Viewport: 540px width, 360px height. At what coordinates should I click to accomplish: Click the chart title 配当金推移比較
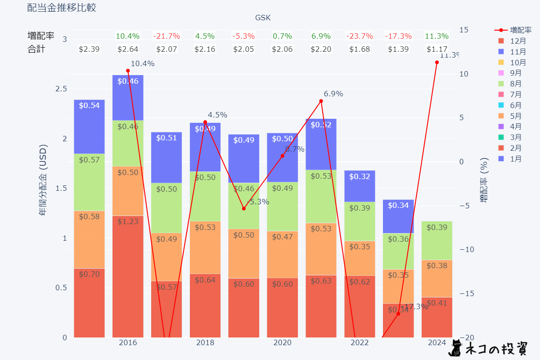(x=62, y=8)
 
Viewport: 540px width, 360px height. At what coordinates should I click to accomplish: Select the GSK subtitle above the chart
(x=263, y=18)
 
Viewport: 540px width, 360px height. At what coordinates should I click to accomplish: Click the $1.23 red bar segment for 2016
(x=128, y=276)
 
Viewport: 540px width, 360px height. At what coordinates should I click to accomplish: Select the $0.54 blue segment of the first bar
(x=89, y=126)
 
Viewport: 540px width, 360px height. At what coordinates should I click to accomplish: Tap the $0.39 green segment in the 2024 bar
(x=437, y=240)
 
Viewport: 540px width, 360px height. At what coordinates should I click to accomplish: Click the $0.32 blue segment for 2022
(x=360, y=186)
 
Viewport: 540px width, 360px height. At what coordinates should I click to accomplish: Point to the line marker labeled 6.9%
(x=321, y=101)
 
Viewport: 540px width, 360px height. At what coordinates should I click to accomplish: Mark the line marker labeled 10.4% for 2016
(x=128, y=71)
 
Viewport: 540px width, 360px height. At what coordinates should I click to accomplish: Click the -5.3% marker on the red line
(x=244, y=208)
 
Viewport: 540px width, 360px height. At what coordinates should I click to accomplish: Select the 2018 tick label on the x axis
(x=205, y=343)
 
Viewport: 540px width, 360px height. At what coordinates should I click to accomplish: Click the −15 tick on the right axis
(x=467, y=293)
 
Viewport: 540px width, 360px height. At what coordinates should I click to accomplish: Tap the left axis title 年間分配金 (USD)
(x=43, y=180)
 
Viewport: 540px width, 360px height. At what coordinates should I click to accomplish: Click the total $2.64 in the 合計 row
(x=128, y=49)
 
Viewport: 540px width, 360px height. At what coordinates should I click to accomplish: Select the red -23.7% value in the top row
(x=360, y=36)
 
